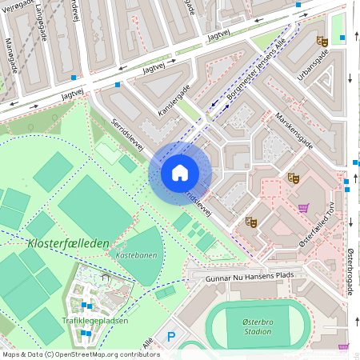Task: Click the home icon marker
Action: point(180,173)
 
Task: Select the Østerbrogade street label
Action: point(350,271)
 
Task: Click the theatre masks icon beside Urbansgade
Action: point(322,41)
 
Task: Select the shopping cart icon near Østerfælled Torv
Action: point(303,209)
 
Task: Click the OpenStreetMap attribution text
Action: point(81,354)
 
